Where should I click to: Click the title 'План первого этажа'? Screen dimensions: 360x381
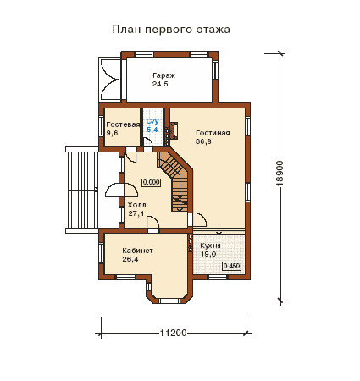171,30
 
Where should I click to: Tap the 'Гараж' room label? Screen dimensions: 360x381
163,75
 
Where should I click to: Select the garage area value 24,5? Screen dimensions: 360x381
160,84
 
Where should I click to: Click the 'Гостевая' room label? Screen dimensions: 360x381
123,124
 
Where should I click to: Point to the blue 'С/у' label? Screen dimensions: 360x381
152,122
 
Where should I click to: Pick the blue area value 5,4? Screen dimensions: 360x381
152,130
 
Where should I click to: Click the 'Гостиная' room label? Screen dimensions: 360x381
213,133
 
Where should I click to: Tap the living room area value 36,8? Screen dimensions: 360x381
203,141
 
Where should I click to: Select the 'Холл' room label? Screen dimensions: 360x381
136,205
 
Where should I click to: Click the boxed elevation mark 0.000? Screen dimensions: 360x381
152,182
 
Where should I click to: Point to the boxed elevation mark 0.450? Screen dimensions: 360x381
232,266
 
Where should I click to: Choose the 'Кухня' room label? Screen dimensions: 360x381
211,246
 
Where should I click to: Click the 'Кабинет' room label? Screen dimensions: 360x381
137,251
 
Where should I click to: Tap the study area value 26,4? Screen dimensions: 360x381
130,259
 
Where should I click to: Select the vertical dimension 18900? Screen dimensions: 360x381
280,173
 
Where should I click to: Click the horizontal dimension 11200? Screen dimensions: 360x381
174,333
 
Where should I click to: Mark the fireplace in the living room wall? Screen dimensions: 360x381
172,130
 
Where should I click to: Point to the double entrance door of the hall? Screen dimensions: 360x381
121,190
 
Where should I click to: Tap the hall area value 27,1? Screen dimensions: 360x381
136,213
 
